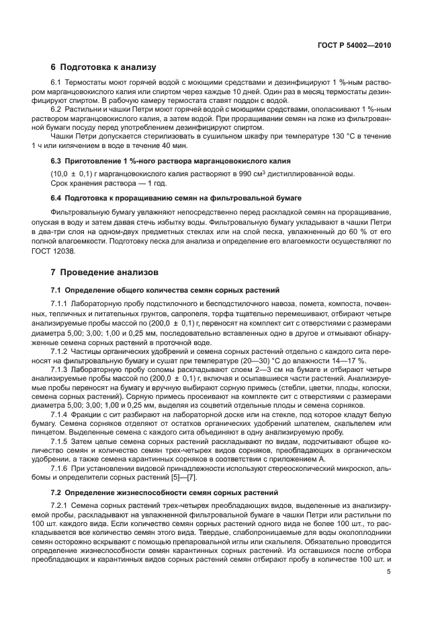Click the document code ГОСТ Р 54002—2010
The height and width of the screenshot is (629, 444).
click(x=353, y=46)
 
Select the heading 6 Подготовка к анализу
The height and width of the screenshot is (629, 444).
click(x=103, y=67)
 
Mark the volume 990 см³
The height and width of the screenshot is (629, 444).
click(x=249, y=174)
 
